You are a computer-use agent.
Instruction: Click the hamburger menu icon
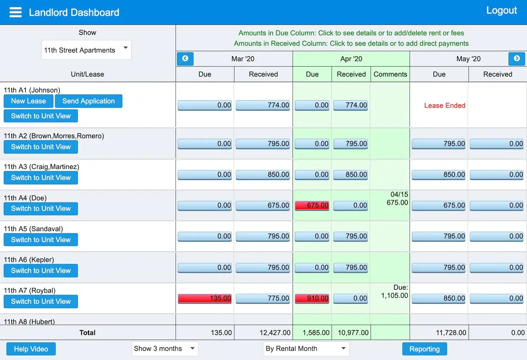click(15, 12)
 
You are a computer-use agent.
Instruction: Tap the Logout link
click(501, 10)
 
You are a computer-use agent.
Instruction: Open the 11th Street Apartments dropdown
click(86, 50)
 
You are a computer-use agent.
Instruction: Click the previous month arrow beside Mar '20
click(185, 59)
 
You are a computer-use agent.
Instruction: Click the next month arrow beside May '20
click(517, 59)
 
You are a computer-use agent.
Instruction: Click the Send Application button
click(88, 101)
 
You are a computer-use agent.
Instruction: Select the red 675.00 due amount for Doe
click(312, 205)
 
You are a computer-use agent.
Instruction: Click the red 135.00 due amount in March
click(205, 298)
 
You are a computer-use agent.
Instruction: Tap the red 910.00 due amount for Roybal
click(312, 298)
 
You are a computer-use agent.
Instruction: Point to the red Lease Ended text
click(444, 106)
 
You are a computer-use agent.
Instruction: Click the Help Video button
click(31, 349)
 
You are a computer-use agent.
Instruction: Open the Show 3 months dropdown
click(165, 349)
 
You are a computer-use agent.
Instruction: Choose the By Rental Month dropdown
click(306, 349)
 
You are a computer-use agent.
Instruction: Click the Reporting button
click(424, 349)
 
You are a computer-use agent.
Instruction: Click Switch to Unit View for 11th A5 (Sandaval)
click(41, 240)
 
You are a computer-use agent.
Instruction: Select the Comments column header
click(390, 74)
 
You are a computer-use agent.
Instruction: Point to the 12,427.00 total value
click(275, 332)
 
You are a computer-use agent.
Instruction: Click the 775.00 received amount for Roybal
click(263, 298)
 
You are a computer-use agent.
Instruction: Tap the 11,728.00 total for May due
click(451, 332)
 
